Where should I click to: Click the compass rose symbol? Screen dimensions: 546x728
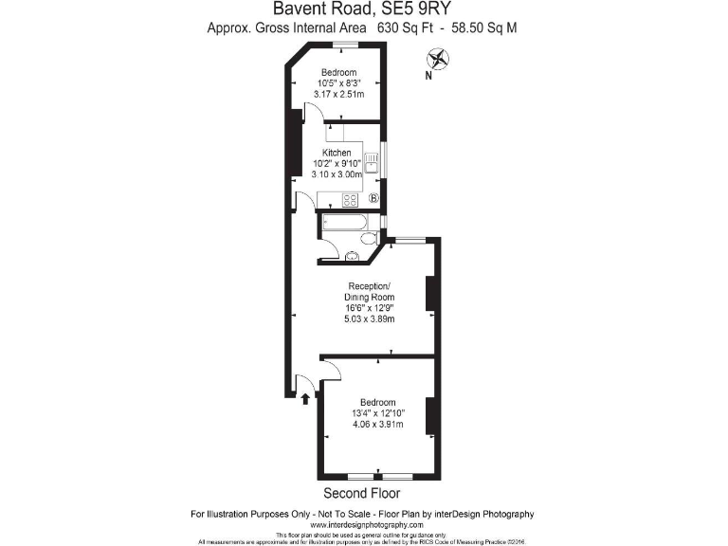pyautogui.click(x=440, y=58)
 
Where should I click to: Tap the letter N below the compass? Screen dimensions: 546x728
pyautogui.click(x=428, y=76)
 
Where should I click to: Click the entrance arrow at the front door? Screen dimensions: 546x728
pyautogui.click(x=304, y=398)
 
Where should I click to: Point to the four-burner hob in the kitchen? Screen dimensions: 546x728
pyautogui.click(x=349, y=199)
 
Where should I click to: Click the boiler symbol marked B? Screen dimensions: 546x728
pyautogui.click(x=373, y=199)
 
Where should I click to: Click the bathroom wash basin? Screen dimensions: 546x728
pyautogui.click(x=352, y=253)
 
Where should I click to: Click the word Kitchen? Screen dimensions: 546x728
pyautogui.click(x=337, y=153)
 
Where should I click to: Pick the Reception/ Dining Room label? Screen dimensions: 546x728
pyautogui.click(x=369, y=292)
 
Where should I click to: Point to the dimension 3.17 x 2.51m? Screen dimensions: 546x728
pyautogui.click(x=338, y=94)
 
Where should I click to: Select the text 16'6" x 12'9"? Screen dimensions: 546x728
pyautogui.click(x=369, y=308)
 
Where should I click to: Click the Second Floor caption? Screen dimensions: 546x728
pyautogui.click(x=361, y=494)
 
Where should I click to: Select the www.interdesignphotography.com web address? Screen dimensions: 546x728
pyautogui.click(x=365, y=525)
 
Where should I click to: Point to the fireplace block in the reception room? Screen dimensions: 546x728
pyautogui.click(x=430, y=294)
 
